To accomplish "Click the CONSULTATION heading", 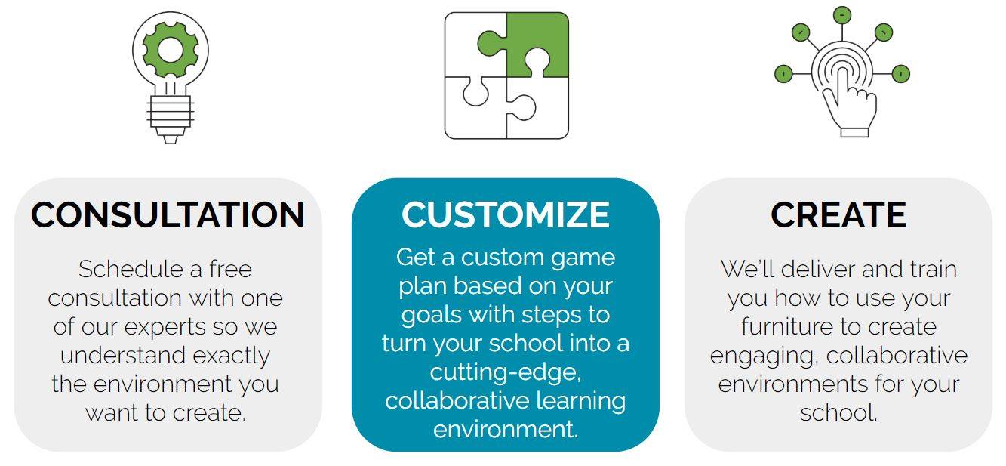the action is pyautogui.click(x=168, y=214).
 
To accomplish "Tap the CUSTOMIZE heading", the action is pyautogui.click(x=506, y=214).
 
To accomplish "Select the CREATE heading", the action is pyautogui.click(x=838, y=214).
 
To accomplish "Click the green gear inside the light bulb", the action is pyautogui.click(x=171, y=49).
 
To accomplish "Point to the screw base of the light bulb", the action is pyautogui.click(x=171, y=118).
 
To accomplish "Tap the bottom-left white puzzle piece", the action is pyautogui.click(x=476, y=108).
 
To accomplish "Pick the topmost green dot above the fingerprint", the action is pyautogui.click(x=842, y=15).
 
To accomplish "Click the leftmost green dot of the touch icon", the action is pyautogui.click(x=783, y=74).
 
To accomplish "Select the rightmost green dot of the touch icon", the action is pyautogui.click(x=901, y=74).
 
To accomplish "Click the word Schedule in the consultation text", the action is pyautogui.click(x=131, y=269).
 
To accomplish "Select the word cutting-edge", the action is pyautogui.click(x=505, y=372).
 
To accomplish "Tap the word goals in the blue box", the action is pyautogui.click(x=431, y=315).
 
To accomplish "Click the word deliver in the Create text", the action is pyautogui.click(x=818, y=269).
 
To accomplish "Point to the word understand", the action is pyautogui.click(x=123, y=356).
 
